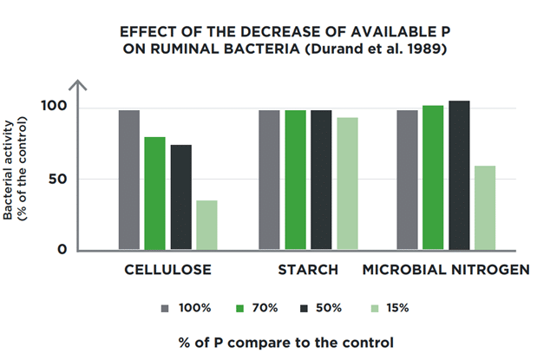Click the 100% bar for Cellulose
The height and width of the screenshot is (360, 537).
pyautogui.click(x=129, y=180)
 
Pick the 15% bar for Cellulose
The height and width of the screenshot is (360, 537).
pyautogui.click(x=206, y=226)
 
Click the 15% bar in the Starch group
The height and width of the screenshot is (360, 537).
pyautogui.click(x=347, y=184)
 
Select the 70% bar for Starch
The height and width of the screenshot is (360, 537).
pyautogui.click(x=296, y=180)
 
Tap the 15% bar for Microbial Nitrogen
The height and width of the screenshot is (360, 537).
pyautogui.click(x=485, y=208)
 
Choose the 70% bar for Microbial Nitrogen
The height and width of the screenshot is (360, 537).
pyautogui.click(x=433, y=178)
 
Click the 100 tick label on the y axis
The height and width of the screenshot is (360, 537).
pyautogui.click(x=55, y=108)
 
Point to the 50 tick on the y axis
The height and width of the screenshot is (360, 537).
pyautogui.click(x=58, y=179)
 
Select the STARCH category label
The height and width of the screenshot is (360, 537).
pyautogui.click(x=308, y=271)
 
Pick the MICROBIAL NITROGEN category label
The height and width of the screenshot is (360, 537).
pyautogui.click(x=445, y=271)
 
